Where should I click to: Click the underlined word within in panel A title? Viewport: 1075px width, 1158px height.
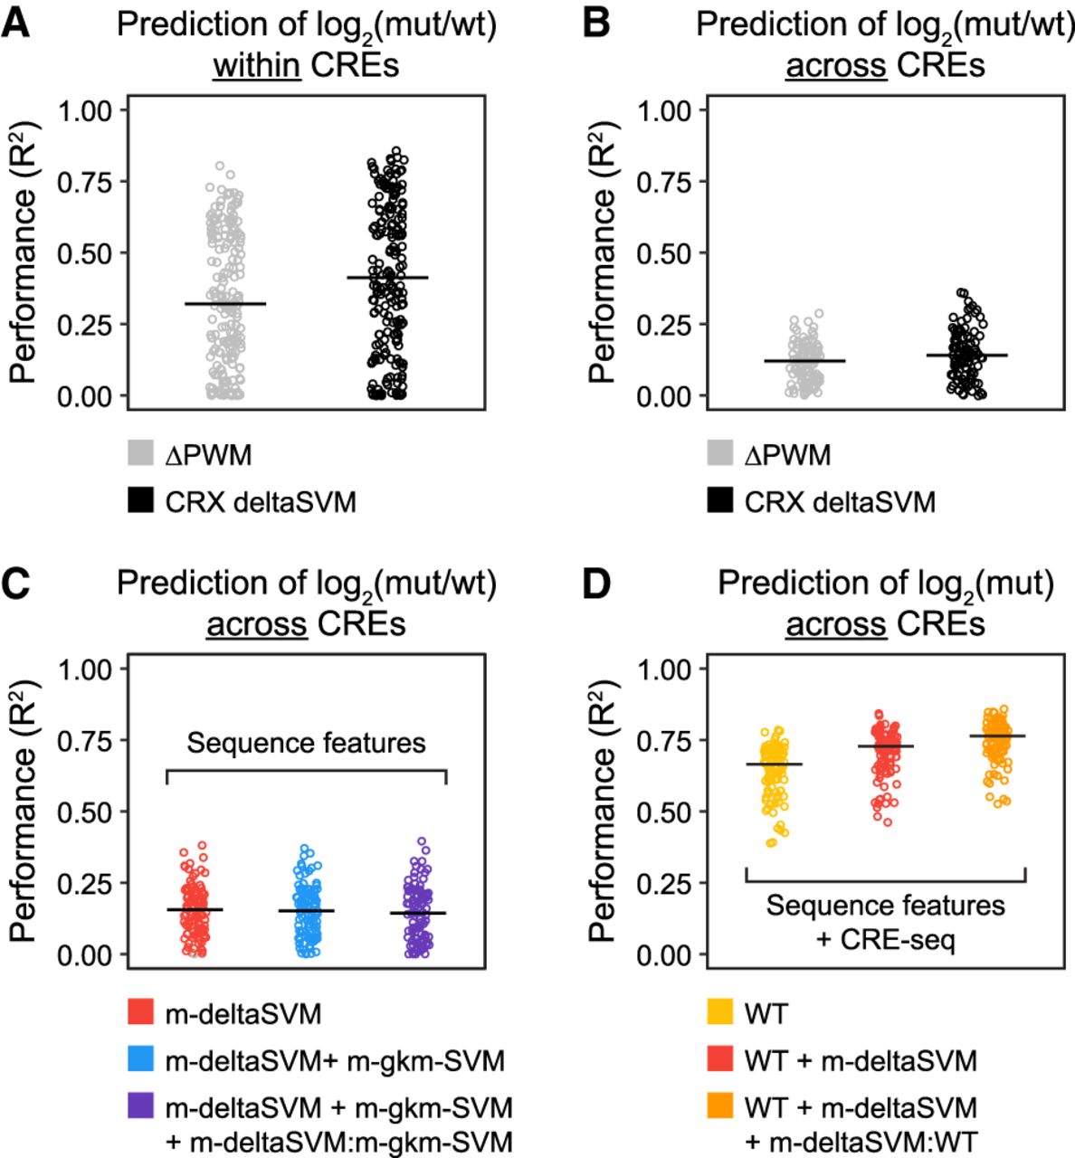point(256,65)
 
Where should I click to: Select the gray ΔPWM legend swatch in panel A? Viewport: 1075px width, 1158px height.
point(139,453)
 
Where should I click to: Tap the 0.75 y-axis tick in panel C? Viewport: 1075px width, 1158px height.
point(86,741)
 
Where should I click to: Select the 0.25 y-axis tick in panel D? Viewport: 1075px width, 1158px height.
point(665,884)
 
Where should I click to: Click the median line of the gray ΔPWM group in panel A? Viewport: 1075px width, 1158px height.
point(225,304)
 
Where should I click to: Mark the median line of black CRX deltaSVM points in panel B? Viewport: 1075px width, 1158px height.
point(966,356)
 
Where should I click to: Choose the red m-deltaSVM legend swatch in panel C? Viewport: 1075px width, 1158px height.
point(139,1012)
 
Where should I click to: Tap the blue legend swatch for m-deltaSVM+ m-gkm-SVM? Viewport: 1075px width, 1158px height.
point(139,1059)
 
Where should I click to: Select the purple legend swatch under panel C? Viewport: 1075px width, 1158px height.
point(139,1106)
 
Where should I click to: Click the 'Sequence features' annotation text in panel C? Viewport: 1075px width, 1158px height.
point(306,744)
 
